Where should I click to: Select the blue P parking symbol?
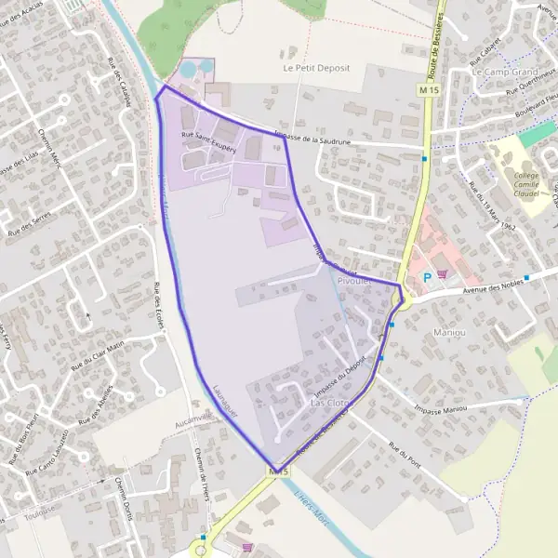pos(427,276)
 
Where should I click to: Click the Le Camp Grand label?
pos(505,72)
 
